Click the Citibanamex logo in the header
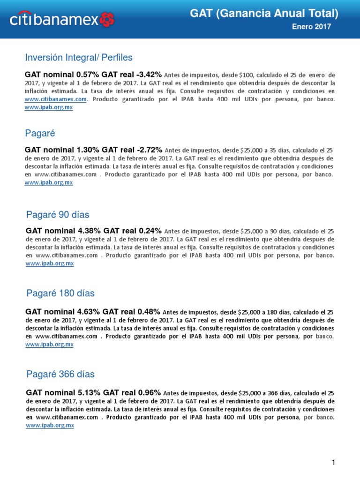point(62,20)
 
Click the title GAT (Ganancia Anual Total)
point(264,14)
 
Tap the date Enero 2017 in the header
point(311,27)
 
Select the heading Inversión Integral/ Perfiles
point(79,58)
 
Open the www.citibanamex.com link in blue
point(56,99)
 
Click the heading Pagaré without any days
point(40,134)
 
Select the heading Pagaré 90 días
point(58,215)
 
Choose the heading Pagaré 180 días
point(60,293)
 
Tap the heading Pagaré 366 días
point(60,374)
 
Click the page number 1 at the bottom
point(333,463)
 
